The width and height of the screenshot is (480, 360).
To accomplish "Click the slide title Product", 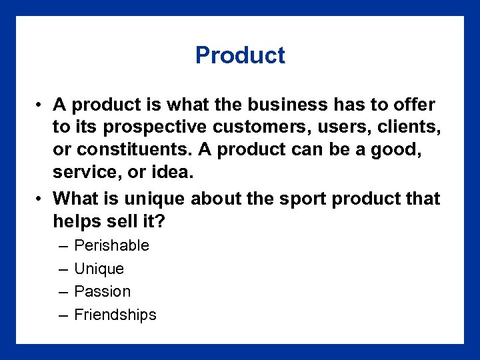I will point(240,55).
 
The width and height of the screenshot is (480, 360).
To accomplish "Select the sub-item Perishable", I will point(112,245).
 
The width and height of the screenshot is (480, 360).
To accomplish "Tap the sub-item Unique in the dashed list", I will point(99,269).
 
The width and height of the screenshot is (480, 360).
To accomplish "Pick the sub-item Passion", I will point(103,291).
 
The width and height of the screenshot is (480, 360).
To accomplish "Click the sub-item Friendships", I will point(115,315).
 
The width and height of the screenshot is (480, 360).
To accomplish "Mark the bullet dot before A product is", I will point(41,105).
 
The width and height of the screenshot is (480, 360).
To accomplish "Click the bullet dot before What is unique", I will point(41,199).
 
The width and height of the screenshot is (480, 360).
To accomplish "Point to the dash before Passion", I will point(62,291).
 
